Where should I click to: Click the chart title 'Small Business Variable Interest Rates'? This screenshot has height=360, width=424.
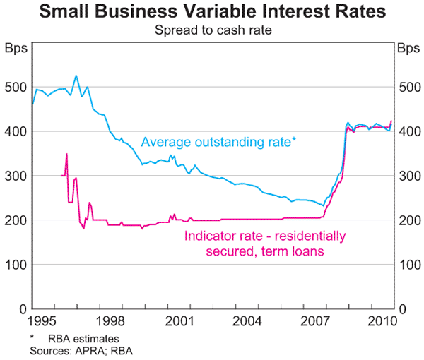[212, 12]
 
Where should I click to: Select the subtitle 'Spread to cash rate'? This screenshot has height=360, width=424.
[212, 30]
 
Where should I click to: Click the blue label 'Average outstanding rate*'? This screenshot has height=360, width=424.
[218, 142]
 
